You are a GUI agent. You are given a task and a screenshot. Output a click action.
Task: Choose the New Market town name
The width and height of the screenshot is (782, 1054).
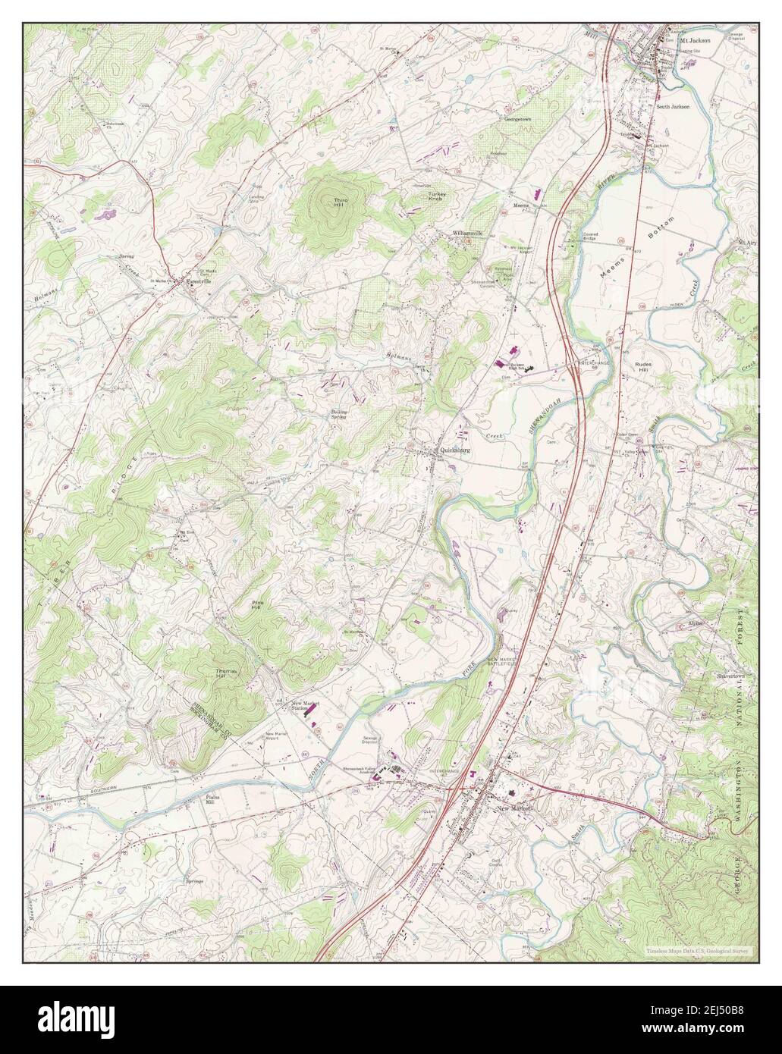[x=515, y=809]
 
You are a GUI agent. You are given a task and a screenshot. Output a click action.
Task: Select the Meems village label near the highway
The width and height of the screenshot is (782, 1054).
[x=521, y=205]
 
